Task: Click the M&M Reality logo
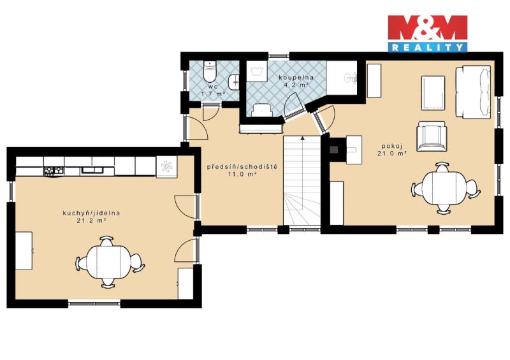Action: [x=427, y=34]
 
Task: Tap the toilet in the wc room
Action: [x=209, y=71]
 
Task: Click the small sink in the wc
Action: [x=234, y=82]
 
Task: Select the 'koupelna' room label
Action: [x=296, y=77]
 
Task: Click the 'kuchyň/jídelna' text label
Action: [x=91, y=213]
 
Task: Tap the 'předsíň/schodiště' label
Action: [x=242, y=167]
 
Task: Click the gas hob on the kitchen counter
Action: [x=54, y=170]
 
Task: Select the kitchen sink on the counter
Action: [x=92, y=170]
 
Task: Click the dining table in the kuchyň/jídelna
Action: [x=109, y=262]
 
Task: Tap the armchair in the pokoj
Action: [x=432, y=136]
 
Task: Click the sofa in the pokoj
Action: [x=473, y=92]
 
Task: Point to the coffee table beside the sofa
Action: [x=433, y=93]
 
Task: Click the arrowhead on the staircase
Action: [x=302, y=138]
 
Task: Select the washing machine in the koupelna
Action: [x=257, y=71]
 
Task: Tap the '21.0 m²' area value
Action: [x=392, y=154]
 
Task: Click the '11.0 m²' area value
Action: [x=242, y=175]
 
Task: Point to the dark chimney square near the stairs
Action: [x=333, y=149]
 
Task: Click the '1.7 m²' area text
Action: [x=214, y=94]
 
